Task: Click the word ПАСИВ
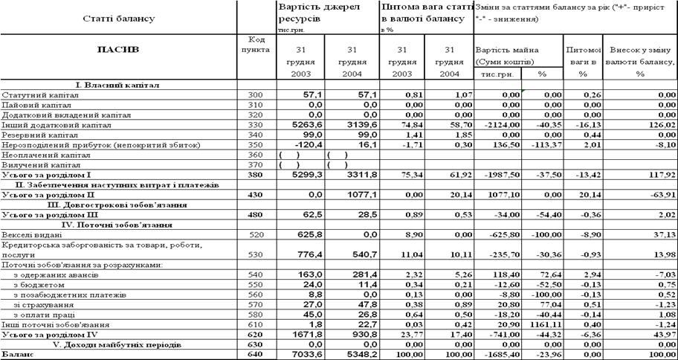click(x=118, y=50)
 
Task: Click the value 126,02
click(x=659, y=126)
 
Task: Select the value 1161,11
click(x=546, y=324)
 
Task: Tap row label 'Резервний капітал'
click(x=34, y=135)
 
